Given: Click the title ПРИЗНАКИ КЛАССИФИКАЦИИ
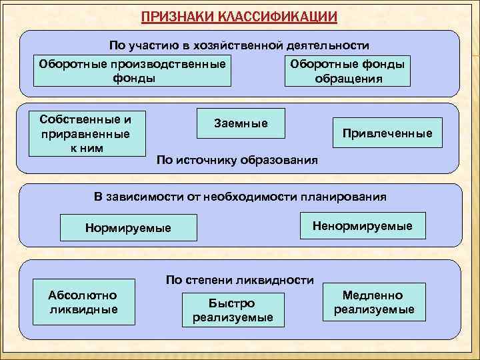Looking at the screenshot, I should click(239, 16).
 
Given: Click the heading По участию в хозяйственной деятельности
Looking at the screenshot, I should click(239, 46).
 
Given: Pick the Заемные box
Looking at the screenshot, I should click(241, 123).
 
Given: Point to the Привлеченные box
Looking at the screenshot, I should click(387, 133).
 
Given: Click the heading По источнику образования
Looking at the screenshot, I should click(236, 161).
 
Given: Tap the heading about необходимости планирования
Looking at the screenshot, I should click(239, 197).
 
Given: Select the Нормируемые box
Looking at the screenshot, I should click(128, 228).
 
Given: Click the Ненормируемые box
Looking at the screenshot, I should click(362, 226).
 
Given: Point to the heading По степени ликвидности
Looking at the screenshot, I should click(239, 279).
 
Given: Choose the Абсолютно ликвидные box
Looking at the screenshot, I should click(83, 302).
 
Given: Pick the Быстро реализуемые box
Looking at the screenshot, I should click(232, 310).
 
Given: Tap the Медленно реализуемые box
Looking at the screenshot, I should click(373, 302).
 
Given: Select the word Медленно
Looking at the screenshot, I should click(373, 295).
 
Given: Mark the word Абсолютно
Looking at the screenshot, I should click(83, 295).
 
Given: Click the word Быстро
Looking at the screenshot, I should click(232, 303).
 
